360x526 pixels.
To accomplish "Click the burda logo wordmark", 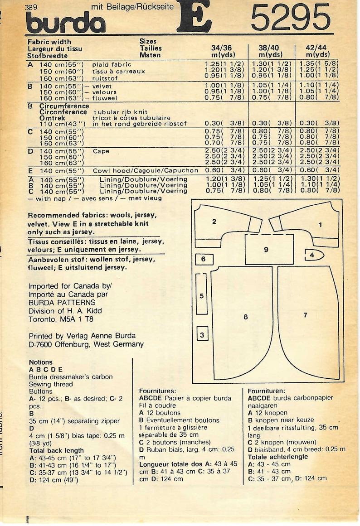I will [65, 23].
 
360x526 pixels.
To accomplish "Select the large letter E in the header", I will [194, 16].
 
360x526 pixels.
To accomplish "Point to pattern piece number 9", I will [266, 250].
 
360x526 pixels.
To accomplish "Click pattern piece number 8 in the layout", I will [245, 317].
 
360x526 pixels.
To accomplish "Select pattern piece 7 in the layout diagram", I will [306, 314].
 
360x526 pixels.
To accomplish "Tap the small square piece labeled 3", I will [202, 335].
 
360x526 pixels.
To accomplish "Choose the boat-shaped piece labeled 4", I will [312, 256].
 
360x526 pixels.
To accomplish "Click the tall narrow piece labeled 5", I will [201, 296].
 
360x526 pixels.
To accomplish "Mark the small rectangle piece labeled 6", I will [204, 259].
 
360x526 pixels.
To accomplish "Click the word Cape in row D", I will [101, 151].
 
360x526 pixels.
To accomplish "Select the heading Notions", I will [40, 362].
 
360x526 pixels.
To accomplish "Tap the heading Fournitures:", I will [157, 391].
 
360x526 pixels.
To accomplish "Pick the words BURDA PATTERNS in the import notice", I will [62, 303].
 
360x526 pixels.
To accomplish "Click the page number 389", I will [32, 6].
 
